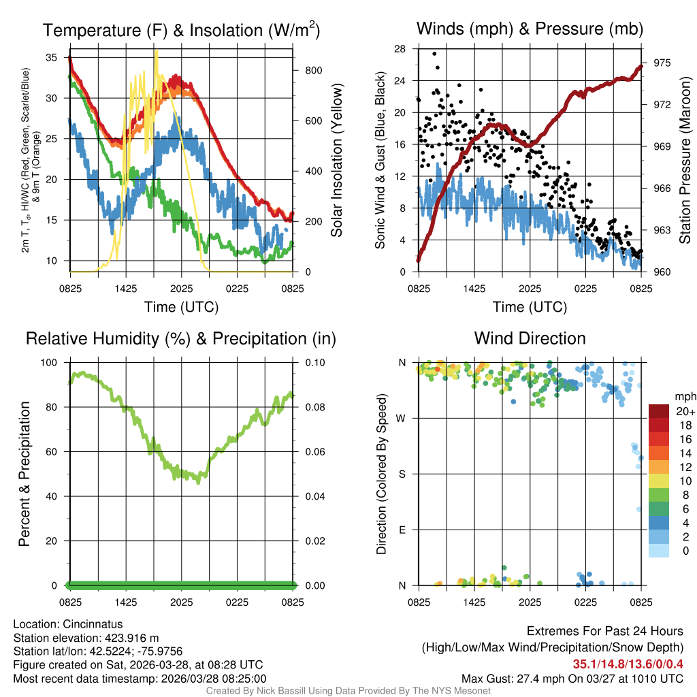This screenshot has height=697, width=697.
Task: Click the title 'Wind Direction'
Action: click(x=530, y=338)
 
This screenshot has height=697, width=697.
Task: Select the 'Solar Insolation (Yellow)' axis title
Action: click(x=336, y=161)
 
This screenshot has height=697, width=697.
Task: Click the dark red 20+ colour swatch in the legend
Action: click(x=659, y=410)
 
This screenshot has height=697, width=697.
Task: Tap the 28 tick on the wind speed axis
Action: click(x=400, y=49)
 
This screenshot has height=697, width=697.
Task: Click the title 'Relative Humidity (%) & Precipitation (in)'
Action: click(x=181, y=338)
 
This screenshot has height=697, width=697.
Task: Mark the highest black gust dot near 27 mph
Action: click(x=434, y=54)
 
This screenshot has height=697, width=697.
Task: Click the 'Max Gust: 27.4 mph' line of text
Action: click(x=572, y=679)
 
